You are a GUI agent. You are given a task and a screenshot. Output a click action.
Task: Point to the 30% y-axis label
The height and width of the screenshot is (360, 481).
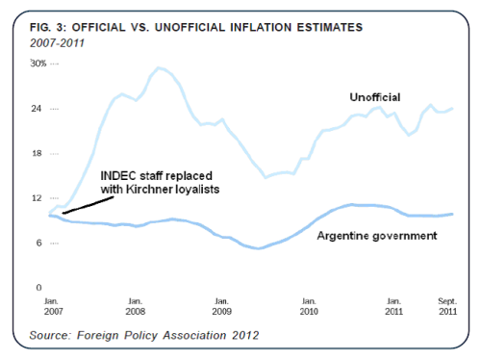[38, 64]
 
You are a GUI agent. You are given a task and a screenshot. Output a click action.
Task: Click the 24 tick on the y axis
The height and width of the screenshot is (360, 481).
[38, 108]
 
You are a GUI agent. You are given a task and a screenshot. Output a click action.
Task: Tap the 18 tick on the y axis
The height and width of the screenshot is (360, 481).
[38, 153]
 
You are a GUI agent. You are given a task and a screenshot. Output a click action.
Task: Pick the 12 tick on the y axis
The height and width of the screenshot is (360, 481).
[38, 198]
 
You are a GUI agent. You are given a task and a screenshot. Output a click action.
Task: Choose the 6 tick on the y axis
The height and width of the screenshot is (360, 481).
[39, 243]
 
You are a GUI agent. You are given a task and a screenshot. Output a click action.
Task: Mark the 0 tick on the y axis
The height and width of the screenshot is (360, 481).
[39, 288]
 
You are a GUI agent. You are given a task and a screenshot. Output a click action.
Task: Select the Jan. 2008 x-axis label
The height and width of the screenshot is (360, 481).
[137, 307]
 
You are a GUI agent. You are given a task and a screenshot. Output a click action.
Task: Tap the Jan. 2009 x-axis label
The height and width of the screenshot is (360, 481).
[221, 307]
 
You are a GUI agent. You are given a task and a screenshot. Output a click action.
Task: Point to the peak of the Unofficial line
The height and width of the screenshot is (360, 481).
[158, 67]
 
